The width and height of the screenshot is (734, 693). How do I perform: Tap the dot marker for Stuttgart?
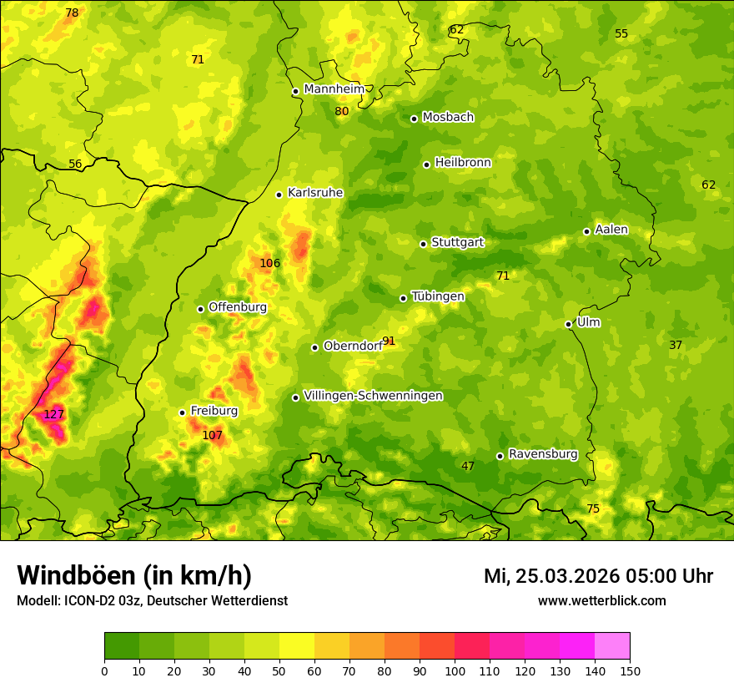423,244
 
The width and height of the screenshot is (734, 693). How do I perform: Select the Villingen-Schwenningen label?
373,396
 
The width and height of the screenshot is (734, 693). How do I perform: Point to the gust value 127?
53,415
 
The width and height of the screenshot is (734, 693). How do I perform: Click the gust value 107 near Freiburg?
213,436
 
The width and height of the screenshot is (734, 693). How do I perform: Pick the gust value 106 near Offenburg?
269,264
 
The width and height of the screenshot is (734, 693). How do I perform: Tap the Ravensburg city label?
542,454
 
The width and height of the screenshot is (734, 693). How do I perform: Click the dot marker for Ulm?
568,324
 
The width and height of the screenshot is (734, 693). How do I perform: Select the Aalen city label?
611,230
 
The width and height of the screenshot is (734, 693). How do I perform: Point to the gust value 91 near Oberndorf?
389,341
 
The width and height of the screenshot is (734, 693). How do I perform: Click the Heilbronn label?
463,163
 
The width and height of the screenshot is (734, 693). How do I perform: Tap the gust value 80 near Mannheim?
342,112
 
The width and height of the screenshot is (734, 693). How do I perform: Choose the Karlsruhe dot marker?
279,195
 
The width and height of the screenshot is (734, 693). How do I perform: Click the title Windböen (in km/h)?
134,576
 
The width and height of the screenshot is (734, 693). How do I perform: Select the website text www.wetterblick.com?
601,601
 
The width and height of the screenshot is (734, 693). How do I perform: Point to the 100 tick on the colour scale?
455,670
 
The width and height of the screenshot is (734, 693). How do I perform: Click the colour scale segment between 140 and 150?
612,646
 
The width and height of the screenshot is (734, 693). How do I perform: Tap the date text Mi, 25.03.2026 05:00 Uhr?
598,576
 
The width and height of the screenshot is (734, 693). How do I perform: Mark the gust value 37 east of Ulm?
676,346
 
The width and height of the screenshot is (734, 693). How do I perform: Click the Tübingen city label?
437,296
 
